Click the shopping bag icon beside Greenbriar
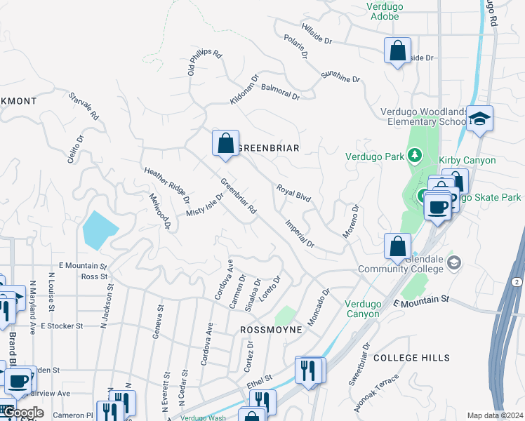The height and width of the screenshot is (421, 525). (225, 143)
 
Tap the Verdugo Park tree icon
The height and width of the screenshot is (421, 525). (415, 154)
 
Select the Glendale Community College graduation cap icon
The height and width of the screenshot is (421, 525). (453, 263)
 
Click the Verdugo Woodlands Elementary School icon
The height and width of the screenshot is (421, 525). (480, 119)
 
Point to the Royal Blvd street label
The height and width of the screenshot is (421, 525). (293, 194)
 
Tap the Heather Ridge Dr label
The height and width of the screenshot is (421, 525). (166, 181)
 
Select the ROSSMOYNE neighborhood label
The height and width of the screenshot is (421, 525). (271, 329)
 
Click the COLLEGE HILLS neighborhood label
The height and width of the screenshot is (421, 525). (411, 358)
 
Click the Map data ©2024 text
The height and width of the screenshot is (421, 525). (494, 415)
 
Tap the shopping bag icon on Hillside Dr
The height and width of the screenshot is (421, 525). (397, 51)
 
